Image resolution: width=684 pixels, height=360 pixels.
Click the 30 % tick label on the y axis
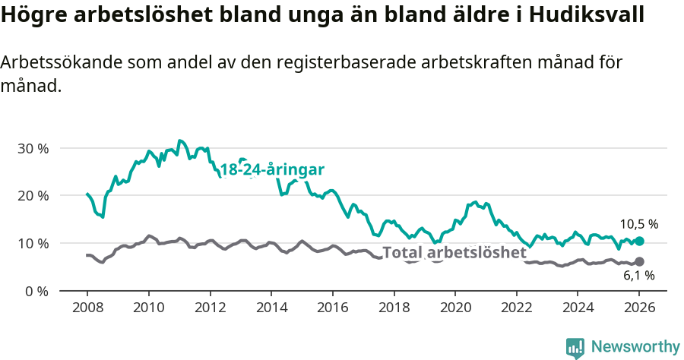[33, 148]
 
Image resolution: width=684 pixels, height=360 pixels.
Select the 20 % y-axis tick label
[33, 196]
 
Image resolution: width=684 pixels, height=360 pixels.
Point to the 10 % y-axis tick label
[33, 244]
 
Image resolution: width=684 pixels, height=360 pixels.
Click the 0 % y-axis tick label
[36, 291]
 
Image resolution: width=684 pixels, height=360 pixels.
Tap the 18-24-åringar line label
[272, 169]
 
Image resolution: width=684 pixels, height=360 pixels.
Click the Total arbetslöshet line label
[454, 253]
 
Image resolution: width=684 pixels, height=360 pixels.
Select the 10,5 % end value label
[639, 224]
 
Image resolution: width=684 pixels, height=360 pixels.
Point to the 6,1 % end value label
[639, 276]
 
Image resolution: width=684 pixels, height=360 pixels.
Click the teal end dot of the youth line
[639, 241]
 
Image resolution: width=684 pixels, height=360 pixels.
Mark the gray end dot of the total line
[639, 262]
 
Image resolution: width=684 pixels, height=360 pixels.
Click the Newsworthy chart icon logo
[575, 347]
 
